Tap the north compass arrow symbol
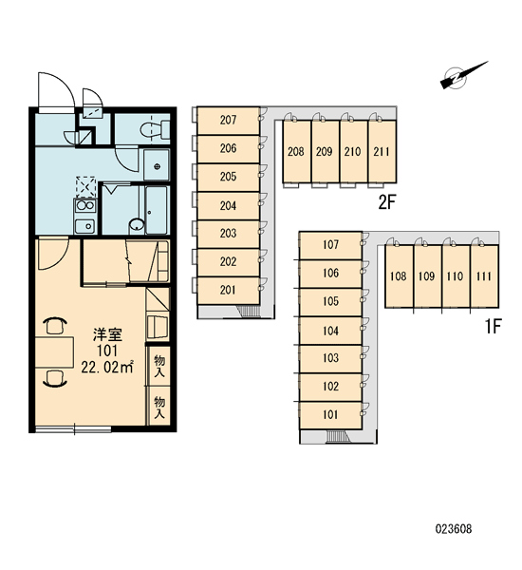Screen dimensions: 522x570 (x=463, y=76)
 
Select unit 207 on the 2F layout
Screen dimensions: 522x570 (x=228, y=121)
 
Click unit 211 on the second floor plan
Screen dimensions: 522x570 (x=382, y=151)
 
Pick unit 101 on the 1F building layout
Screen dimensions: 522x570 (x=330, y=415)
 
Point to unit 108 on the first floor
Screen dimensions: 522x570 (x=399, y=276)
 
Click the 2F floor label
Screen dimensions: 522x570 (x=386, y=202)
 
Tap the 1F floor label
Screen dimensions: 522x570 (x=494, y=326)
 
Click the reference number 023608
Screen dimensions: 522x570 (x=454, y=528)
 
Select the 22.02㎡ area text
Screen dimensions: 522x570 (x=107, y=367)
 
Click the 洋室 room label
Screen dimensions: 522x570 (x=107, y=334)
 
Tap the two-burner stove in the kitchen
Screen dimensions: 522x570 (x=85, y=206)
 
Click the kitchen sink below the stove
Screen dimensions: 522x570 (x=85, y=226)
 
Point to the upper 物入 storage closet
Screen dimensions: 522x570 (x=159, y=366)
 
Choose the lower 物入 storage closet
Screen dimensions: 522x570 (x=159, y=407)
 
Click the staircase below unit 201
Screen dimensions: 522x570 (x=249, y=312)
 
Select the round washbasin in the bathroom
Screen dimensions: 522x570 (x=137, y=224)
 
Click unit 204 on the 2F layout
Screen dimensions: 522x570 (x=228, y=206)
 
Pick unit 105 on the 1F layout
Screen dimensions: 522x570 (x=330, y=302)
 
